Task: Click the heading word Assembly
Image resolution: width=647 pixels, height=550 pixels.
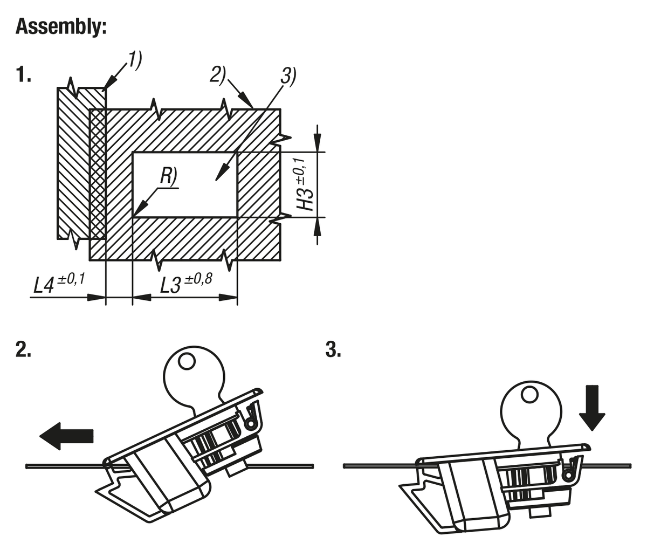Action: pyautogui.click(x=61, y=26)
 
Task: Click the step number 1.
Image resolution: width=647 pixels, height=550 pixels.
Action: pyautogui.click(x=23, y=74)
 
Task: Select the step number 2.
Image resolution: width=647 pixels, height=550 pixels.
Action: pyautogui.click(x=23, y=350)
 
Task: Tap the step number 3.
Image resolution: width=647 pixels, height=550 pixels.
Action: pyautogui.click(x=333, y=350)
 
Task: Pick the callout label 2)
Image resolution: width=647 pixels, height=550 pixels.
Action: pyautogui.click(x=218, y=74)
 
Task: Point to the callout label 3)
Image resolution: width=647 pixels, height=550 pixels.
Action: pyautogui.click(x=288, y=77)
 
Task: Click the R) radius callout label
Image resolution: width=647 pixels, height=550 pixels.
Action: pyautogui.click(x=168, y=177)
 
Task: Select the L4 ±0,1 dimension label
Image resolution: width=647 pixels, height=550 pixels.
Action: pyautogui.click(x=59, y=283)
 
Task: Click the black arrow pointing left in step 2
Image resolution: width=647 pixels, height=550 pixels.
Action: pyautogui.click(x=67, y=436)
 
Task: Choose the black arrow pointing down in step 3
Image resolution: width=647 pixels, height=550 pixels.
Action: pyautogui.click(x=592, y=407)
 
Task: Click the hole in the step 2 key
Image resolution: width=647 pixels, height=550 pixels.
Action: pyautogui.click(x=187, y=361)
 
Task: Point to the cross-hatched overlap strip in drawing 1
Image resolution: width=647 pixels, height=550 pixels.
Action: pyautogui.click(x=98, y=173)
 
